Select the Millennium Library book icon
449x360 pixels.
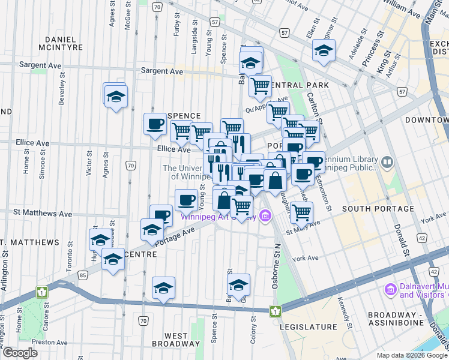[387, 161]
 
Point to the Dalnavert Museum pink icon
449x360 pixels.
[390, 290]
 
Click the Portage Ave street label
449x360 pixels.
[176, 235]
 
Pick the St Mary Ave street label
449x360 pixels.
[303, 227]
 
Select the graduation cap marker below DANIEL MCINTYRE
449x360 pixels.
[115, 95]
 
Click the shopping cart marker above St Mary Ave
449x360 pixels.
[301, 211]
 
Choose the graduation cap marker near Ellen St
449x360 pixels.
[324, 51]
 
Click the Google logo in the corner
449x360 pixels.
[20, 353]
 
